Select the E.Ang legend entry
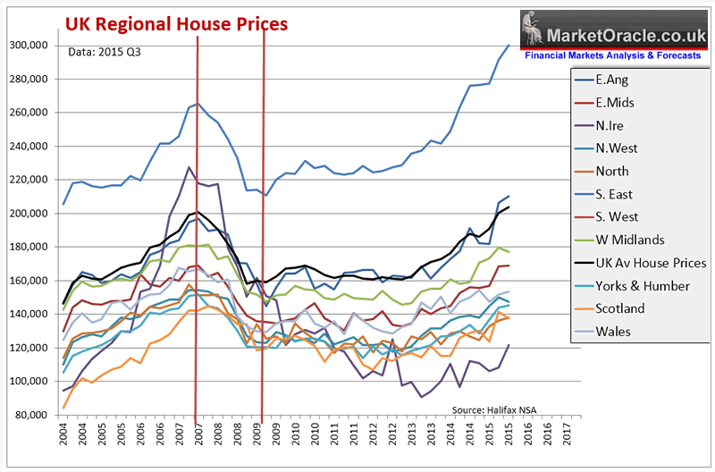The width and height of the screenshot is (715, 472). tap(615, 79)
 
